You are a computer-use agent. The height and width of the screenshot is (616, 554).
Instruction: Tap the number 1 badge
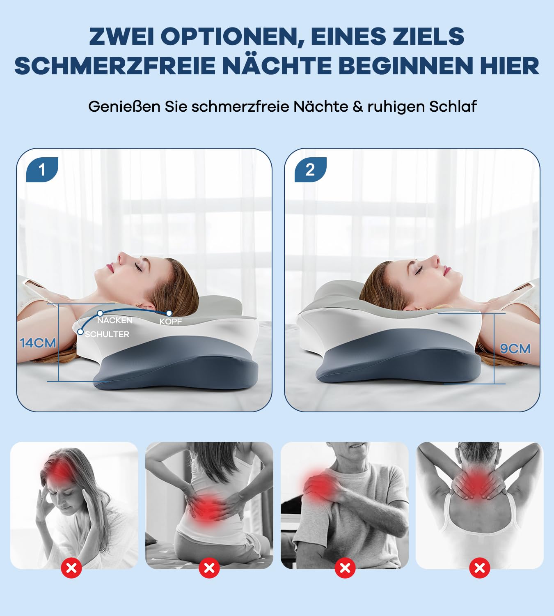(x=42, y=170)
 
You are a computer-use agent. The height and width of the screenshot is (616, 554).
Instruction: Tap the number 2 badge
(x=310, y=170)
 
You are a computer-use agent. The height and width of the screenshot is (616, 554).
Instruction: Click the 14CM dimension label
(x=38, y=343)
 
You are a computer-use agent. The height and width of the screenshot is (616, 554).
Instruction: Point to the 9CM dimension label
(x=515, y=349)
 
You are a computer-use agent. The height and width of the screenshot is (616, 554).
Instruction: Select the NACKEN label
(x=115, y=320)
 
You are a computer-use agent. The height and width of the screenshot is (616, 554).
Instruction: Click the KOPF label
(x=171, y=322)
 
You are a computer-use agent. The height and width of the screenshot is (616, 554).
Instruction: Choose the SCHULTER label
(x=108, y=334)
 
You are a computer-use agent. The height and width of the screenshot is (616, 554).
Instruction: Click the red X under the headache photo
(x=71, y=568)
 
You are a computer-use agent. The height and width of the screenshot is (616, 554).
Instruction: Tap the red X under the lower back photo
(x=209, y=568)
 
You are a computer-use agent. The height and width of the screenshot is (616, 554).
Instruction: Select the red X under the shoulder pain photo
(x=345, y=568)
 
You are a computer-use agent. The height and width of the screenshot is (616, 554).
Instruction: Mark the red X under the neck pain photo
(x=480, y=568)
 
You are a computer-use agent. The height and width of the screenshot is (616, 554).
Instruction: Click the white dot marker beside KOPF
(x=169, y=313)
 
